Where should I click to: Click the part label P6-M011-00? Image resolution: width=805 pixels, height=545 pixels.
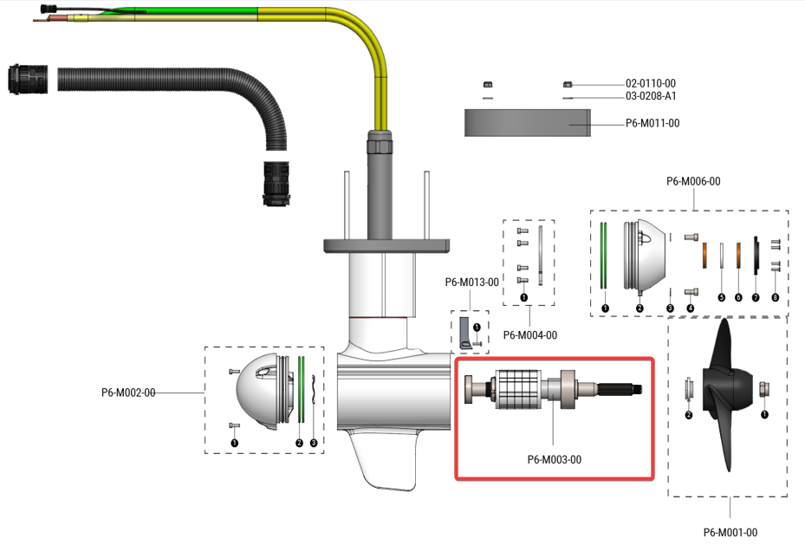point(652,124)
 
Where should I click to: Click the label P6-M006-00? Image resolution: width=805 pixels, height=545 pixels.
point(692,182)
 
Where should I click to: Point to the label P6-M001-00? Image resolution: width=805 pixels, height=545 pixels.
point(730,532)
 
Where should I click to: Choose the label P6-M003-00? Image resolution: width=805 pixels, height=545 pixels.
point(554,459)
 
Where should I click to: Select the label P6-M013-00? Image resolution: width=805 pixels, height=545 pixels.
point(471,282)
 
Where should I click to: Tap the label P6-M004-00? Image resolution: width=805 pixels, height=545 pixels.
point(529,334)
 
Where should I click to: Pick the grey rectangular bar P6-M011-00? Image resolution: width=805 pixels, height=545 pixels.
point(527,123)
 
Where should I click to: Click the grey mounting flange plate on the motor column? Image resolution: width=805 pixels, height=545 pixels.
point(386,244)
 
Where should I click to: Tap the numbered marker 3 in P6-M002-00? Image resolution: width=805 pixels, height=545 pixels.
point(313,443)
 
